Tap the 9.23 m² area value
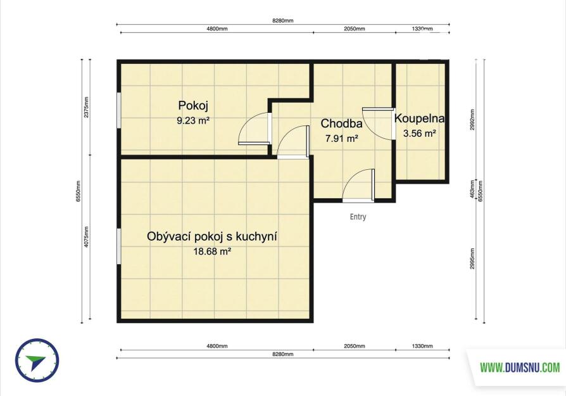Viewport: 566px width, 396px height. pos(193,120)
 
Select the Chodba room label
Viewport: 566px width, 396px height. pos(341,124)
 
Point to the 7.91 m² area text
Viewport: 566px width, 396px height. pos(341,138)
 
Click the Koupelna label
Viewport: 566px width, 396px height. pos(419,118)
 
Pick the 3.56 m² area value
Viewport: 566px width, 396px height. pos(420,133)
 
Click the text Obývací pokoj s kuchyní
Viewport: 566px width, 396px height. pos(212,237)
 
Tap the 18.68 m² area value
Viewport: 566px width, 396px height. pos(212,252)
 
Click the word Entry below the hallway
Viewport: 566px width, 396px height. pos(358,217)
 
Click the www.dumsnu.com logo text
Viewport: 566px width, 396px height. pos(520,367)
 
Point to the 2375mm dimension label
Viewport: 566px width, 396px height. pos(86,107)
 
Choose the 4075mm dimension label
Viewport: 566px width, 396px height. pos(86,237)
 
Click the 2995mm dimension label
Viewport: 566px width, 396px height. pos(472,259)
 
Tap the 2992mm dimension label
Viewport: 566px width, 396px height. pos(472,120)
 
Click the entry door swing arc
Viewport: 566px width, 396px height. pos(349,178)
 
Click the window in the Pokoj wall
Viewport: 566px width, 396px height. pos(118,110)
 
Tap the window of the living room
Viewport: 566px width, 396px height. pos(118,246)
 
